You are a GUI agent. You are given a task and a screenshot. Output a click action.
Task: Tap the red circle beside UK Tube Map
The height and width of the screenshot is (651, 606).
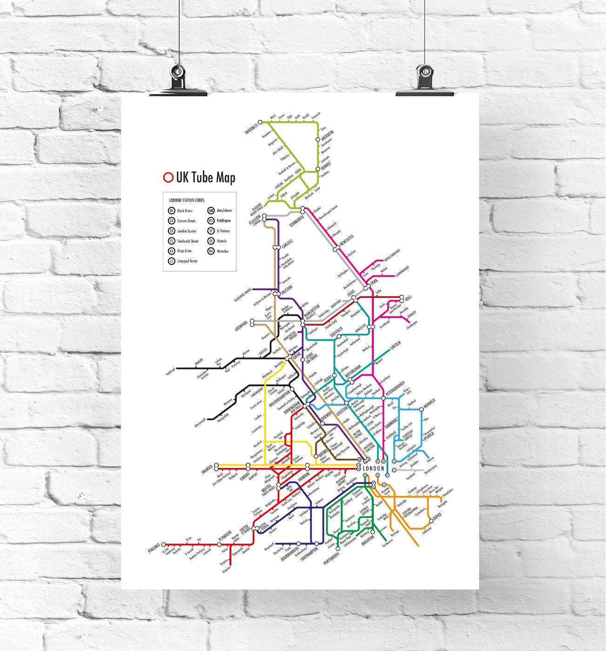click(x=168, y=177)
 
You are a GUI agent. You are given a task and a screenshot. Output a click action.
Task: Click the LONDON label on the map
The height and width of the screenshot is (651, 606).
click(x=373, y=468)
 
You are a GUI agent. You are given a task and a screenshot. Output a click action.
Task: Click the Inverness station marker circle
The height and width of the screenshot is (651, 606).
click(x=261, y=122)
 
